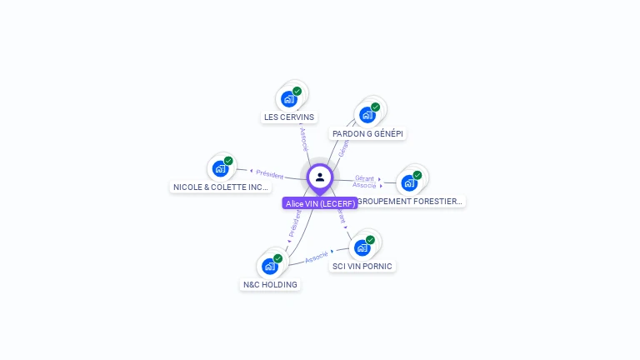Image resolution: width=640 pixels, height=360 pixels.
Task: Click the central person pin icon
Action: click(x=320, y=177)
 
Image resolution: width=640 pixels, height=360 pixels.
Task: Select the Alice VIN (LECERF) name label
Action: click(x=320, y=203)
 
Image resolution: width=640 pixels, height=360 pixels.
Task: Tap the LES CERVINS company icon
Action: click(x=289, y=99)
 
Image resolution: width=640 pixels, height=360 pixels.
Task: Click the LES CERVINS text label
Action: click(x=289, y=117)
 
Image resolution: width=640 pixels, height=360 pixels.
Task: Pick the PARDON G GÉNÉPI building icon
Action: click(x=367, y=115)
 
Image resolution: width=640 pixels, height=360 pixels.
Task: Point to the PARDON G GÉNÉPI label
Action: click(x=367, y=133)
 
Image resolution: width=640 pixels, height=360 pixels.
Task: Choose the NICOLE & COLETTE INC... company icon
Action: click(x=221, y=169)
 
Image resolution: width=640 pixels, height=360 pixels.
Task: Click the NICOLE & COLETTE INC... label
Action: click(x=221, y=187)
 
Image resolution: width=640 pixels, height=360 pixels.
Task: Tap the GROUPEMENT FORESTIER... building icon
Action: click(x=409, y=183)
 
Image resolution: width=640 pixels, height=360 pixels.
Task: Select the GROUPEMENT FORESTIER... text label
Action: click(x=411, y=202)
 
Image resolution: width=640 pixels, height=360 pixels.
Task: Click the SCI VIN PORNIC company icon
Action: click(x=362, y=247)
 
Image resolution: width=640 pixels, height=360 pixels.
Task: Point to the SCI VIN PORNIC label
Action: click(x=362, y=267)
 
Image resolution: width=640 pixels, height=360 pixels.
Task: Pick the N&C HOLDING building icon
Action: click(x=269, y=266)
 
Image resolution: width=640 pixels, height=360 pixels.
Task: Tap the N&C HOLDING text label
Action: click(x=270, y=285)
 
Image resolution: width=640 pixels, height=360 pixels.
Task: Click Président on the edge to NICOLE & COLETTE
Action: click(x=269, y=174)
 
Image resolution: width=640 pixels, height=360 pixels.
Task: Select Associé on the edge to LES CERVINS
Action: click(x=304, y=138)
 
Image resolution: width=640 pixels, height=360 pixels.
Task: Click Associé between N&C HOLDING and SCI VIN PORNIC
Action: click(x=317, y=257)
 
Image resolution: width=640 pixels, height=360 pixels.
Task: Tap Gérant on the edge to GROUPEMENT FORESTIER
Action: click(x=364, y=177)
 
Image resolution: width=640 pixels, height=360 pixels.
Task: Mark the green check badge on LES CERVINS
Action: click(x=297, y=91)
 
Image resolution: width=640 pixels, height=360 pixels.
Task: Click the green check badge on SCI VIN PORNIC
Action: click(x=370, y=240)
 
